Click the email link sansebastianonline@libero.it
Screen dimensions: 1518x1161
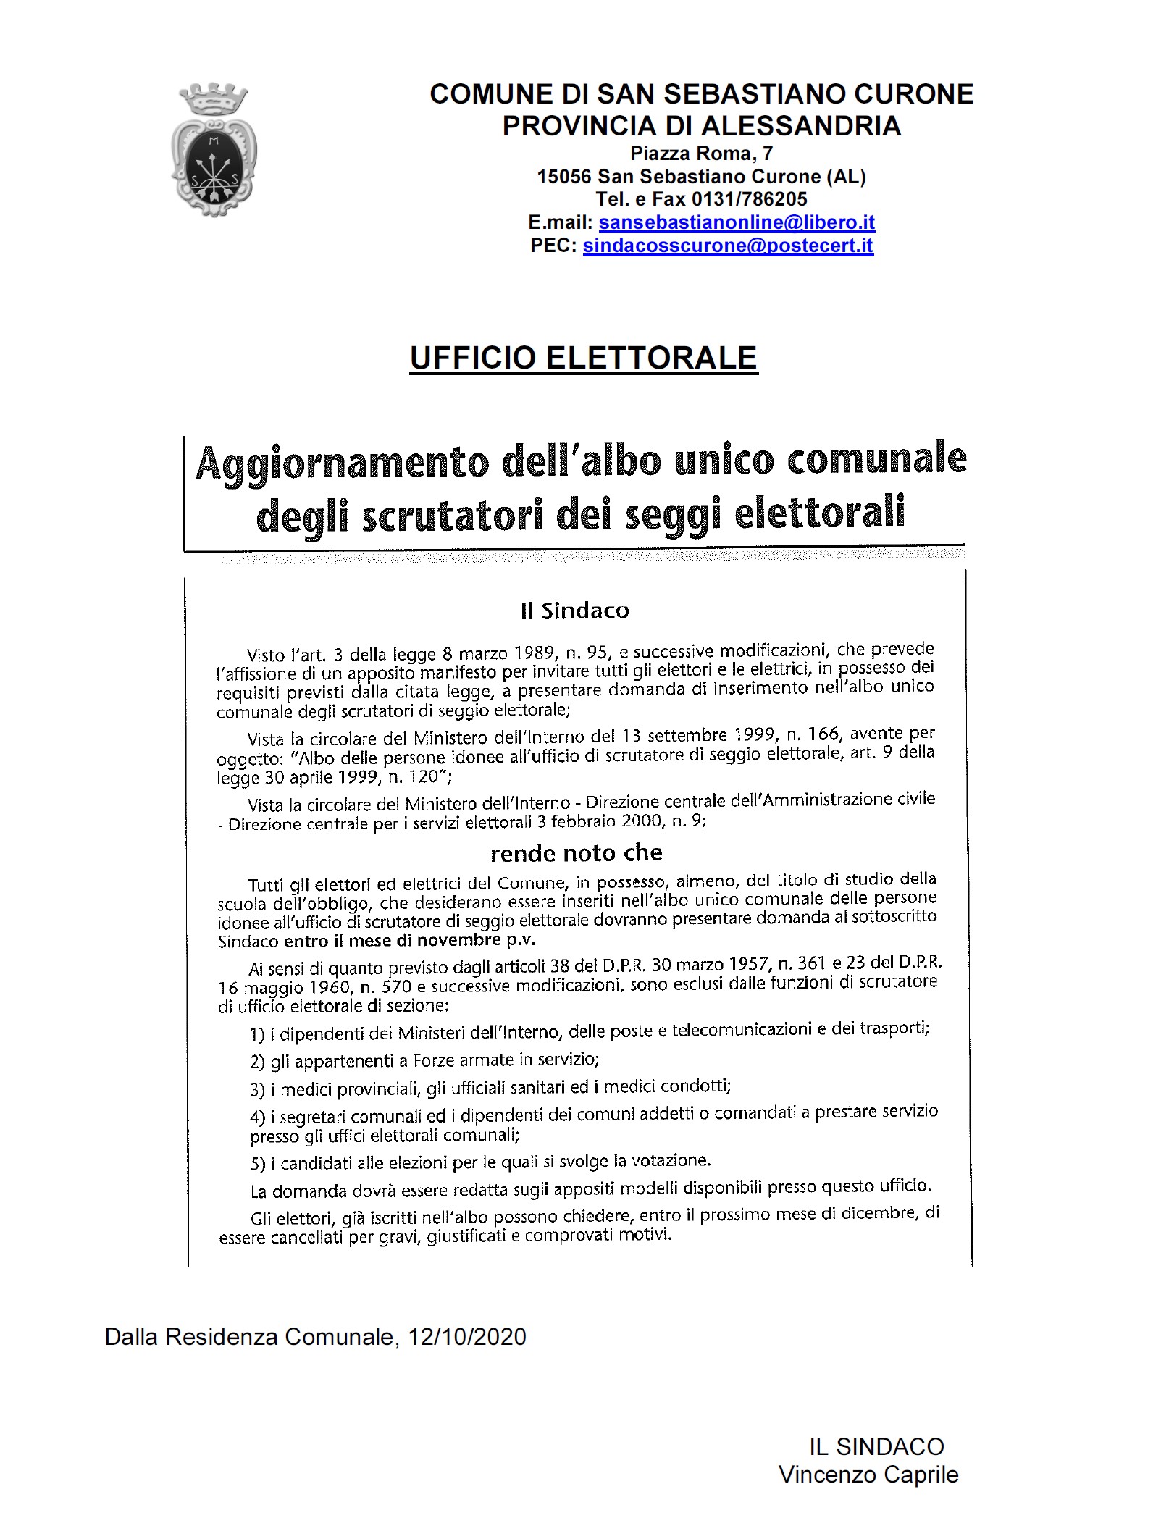pos(737,222)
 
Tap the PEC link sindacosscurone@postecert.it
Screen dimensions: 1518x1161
pos(728,246)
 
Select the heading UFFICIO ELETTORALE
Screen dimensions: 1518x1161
pos(583,358)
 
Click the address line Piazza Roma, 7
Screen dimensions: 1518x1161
pos(701,154)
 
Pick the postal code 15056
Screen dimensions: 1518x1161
pos(564,176)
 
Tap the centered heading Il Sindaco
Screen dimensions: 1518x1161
pos(574,611)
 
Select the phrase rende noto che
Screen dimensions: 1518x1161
pos(576,852)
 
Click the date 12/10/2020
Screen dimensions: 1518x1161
pos(466,1336)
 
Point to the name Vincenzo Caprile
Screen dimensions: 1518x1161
pos(868,1474)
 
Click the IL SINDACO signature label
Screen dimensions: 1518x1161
pos(876,1447)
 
